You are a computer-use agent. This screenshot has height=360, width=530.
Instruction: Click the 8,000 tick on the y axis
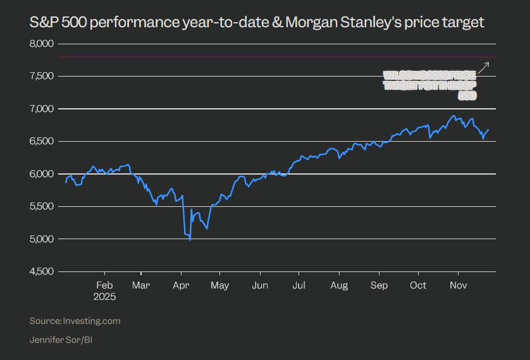42,44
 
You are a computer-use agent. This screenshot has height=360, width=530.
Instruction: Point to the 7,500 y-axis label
42,76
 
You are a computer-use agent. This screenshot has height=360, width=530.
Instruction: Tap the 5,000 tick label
42,239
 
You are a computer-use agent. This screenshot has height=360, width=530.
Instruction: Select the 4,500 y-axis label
42,271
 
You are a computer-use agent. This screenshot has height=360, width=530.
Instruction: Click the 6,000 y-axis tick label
42,173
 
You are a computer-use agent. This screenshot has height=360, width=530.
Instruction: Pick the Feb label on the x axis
104,285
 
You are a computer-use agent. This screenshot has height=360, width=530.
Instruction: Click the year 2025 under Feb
104,295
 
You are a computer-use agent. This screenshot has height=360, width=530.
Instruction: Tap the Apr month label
182,285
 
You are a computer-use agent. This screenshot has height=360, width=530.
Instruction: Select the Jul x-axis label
299,285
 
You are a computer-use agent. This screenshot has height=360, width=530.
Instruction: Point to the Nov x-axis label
458,285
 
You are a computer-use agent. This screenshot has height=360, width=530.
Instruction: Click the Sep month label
379,285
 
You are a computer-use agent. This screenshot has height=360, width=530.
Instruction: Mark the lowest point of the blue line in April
190,240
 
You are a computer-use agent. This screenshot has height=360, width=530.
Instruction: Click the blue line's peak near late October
453,116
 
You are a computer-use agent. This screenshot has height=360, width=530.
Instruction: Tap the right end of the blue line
489,129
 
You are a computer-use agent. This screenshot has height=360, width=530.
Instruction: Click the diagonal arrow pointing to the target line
484,67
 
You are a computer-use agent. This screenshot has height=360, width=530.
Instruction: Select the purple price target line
272,58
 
